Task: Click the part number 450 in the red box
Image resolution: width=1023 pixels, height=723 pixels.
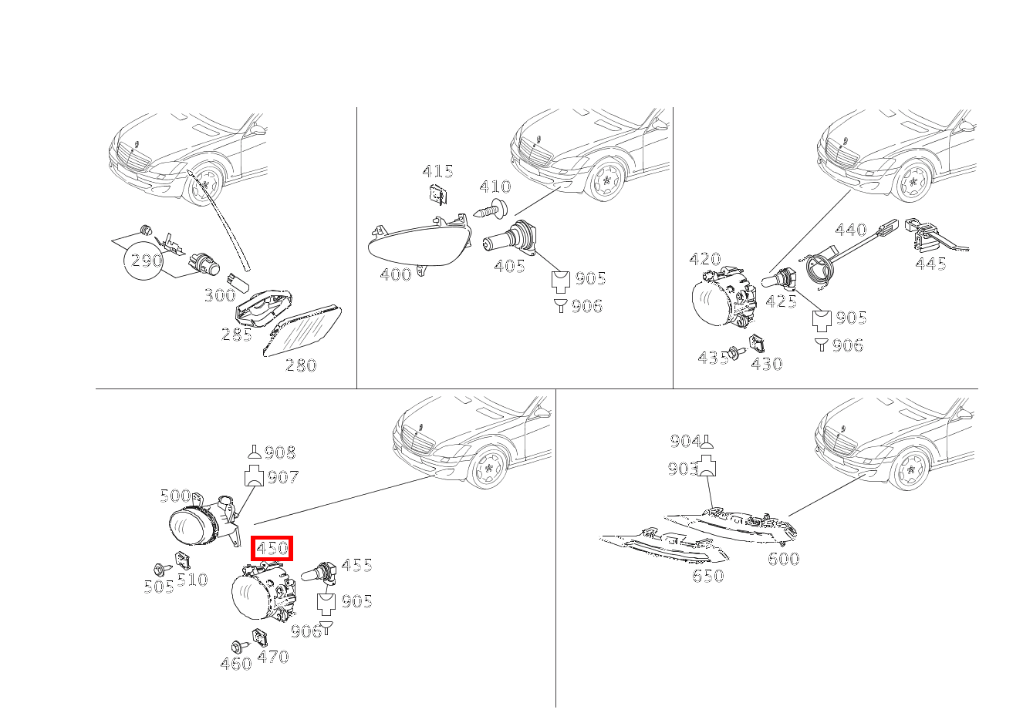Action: (272, 548)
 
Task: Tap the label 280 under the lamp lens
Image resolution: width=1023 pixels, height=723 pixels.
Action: (301, 365)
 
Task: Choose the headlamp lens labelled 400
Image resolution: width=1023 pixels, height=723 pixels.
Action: (420, 242)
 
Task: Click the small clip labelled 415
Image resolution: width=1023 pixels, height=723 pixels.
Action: (437, 193)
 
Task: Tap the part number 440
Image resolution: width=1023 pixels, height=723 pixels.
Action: (850, 230)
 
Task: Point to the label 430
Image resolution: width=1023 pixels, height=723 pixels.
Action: (767, 364)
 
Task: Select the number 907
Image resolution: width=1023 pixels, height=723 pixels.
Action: (283, 478)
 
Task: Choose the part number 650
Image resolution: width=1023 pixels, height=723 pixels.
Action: (708, 576)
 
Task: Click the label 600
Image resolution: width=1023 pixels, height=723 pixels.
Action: (784, 559)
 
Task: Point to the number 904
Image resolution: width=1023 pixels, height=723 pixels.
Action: (685, 441)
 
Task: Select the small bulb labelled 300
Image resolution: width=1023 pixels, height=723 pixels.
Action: (238, 283)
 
